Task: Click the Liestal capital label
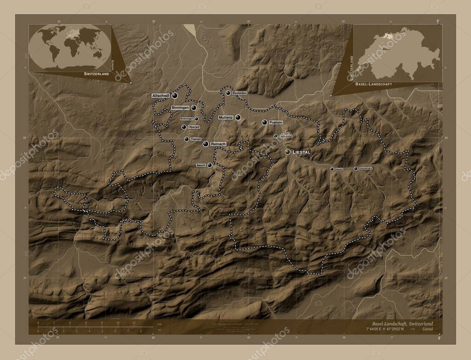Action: (301, 152)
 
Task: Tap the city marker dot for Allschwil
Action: (175, 96)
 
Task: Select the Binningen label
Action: (180, 108)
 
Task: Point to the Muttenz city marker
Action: (238, 117)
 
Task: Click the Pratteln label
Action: (276, 122)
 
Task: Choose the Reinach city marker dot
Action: (206, 144)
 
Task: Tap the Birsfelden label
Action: (240, 93)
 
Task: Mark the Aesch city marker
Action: (210, 165)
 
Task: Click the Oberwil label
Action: (194, 127)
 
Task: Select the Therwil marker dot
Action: (186, 139)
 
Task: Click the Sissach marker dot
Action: (332, 169)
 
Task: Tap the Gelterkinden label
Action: (366, 169)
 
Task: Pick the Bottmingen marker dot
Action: (196, 118)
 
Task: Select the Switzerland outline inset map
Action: (398, 53)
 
